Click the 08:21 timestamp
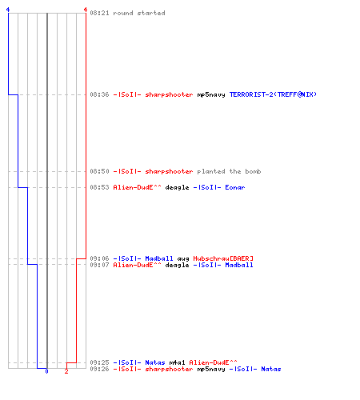tap(99, 13)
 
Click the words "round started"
tap(139, 13)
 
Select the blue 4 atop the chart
tap(8, 10)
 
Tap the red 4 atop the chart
tap(86, 10)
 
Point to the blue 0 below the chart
tap(46, 371)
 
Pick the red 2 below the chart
tap(66, 371)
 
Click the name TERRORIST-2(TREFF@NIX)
tap(273, 94)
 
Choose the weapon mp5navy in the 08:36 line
tap(211, 94)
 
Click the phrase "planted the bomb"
tap(229, 171)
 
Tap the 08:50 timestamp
tap(99, 171)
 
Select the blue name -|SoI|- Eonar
tap(219, 187)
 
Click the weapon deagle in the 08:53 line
tap(177, 188)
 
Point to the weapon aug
tap(183, 259)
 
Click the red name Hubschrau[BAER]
tap(223, 258)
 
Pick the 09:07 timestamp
tap(99, 265)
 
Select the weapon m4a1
tap(177, 362)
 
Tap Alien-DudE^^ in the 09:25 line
tap(213, 362)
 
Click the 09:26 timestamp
tap(99, 369)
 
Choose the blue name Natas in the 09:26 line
tap(271, 369)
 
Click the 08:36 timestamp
tap(99, 94)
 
